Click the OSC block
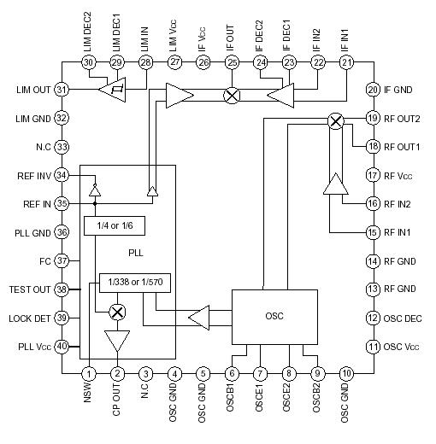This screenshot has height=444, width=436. click(x=274, y=315)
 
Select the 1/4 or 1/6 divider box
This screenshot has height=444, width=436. click(x=114, y=225)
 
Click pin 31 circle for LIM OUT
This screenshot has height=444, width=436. click(x=62, y=90)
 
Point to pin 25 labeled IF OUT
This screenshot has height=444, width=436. click(x=232, y=62)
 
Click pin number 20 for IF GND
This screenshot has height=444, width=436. click(x=372, y=90)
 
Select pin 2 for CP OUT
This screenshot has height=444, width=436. click(x=118, y=373)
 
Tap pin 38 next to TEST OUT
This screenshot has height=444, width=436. click(x=62, y=289)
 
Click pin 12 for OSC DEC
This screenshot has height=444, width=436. click(x=372, y=318)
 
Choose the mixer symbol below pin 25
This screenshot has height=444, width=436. click(x=232, y=96)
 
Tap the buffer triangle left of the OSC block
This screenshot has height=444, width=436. click(x=198, y=318)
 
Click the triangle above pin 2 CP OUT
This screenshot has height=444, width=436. click(x=118, y=342)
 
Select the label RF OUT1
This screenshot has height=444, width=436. click(x=403, y=147)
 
